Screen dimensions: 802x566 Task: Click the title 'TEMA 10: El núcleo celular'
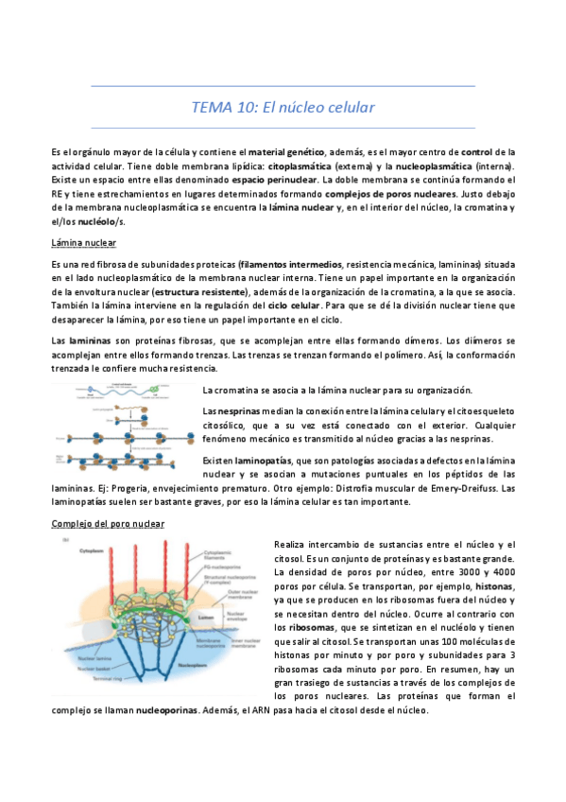[x=283, y=107]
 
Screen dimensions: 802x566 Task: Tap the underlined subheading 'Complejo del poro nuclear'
[x=109, y=523]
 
